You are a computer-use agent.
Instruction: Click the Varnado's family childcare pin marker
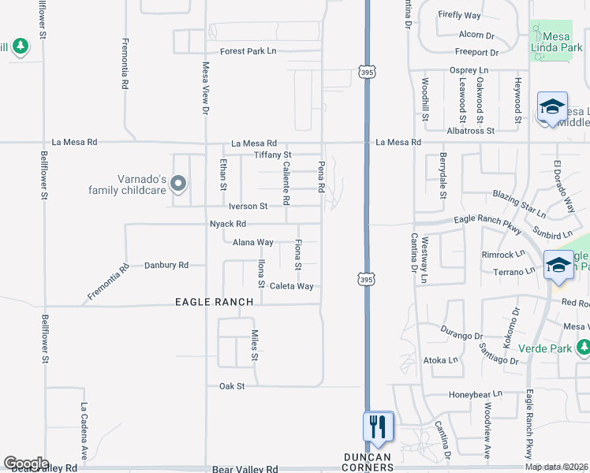click(178, 184)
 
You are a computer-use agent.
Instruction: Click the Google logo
click(26, 464)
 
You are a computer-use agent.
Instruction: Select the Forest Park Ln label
click(248, 51)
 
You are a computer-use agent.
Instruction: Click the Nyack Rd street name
click(228, 224)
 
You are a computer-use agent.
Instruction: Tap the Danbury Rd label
click(166, 266)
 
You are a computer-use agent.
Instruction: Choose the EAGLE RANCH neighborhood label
click(215, 302)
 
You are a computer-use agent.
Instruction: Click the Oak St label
click(232, 386)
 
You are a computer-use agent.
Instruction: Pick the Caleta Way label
click(292, 286)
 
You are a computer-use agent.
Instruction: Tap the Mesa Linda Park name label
click(562, 43)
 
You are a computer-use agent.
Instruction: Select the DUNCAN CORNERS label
click(369, 462)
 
